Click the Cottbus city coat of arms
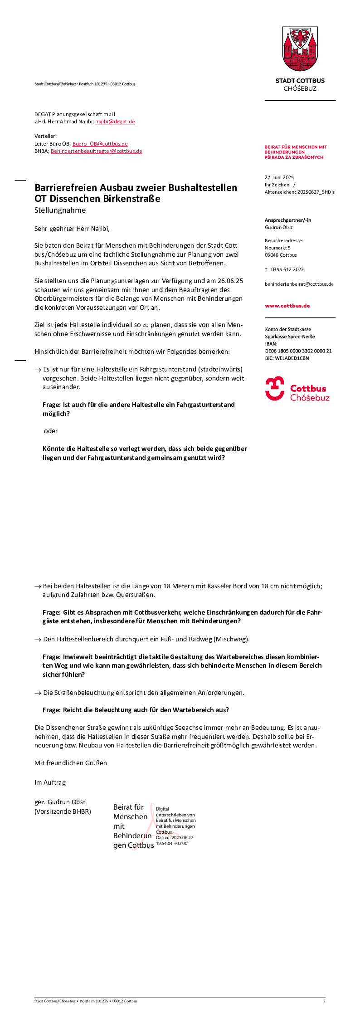click(x=300, y=49)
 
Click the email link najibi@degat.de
click(x=115, y=122)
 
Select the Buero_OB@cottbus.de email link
click(x=100, y=144)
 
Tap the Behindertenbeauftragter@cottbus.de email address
click(x=96, y=151)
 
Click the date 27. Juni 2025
click(x=279, y=177)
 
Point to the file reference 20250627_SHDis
click(x=316, y=192)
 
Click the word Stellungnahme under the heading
click(x=60, y=210)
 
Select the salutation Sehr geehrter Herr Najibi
click(x=72, y=229)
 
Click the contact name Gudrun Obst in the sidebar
click(x=279, y=227)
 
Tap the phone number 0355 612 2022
click(x=287, y=269)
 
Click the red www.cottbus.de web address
click(x=287, y=306)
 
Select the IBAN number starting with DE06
click(x=298, y=351)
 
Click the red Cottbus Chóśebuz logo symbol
click(x=275, y=389)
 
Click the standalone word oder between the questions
click(x=51, y=431)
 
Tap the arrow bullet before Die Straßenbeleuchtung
click(x=38, y=693)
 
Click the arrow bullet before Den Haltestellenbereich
click(x=38, y=640)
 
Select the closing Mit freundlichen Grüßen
click(x=71, y=763)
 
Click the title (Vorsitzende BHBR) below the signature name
click(x=63, y=811)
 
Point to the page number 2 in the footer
click(x=324, y=1001)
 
